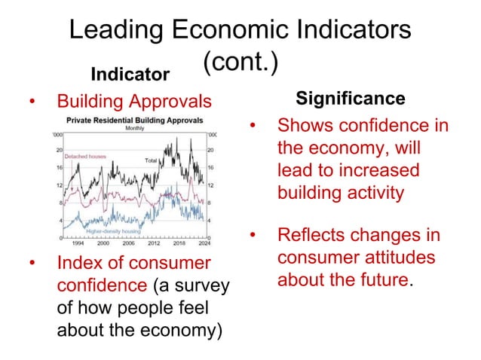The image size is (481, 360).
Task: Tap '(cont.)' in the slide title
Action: (240, 62)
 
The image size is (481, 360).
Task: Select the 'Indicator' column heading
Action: (130, 75)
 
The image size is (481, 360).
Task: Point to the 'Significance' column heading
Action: (350, 99)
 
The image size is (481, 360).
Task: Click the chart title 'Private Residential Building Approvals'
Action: (134, 120)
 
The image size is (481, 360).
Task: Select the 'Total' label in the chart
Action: (151, 160)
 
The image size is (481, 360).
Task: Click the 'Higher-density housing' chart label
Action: (114, 231)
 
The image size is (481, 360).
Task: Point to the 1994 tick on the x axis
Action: (78, 243)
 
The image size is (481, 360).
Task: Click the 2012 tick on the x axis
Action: (155, 243)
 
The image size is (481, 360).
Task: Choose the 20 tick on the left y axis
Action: (59, 150)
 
